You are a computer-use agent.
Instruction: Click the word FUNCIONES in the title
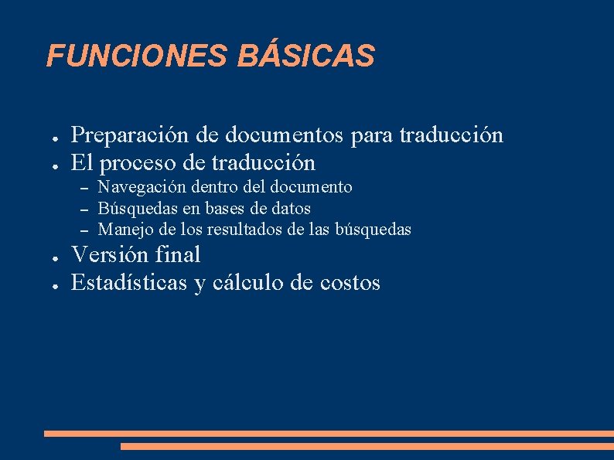click(x=136, y=56)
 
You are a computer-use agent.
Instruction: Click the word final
click(x=179, y=254)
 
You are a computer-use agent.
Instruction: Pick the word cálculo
click(x=247, y=283)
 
